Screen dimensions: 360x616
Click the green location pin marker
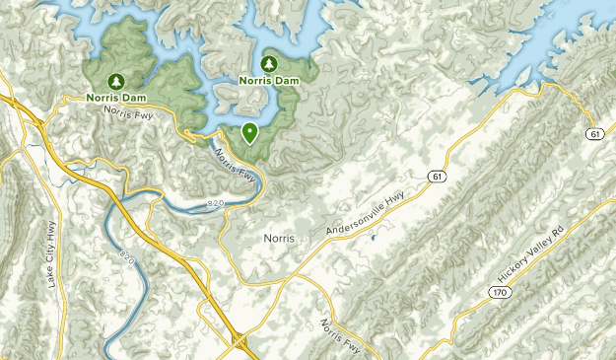click(x=250, y=132)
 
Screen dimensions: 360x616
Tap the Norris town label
click(x=281, y=238)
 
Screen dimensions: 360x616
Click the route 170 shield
click(x=500, y=292)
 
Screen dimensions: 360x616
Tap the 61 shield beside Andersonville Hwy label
click(x=436, y=176)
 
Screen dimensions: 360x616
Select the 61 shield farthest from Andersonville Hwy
click(x=594, y=133)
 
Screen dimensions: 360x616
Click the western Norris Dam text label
click(x=115, y=97)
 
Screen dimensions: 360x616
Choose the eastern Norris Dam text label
click(x=269, y=80)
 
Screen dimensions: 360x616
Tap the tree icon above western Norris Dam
click(x=115, y=80)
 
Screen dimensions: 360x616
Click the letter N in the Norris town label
click(x=268, y=238)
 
